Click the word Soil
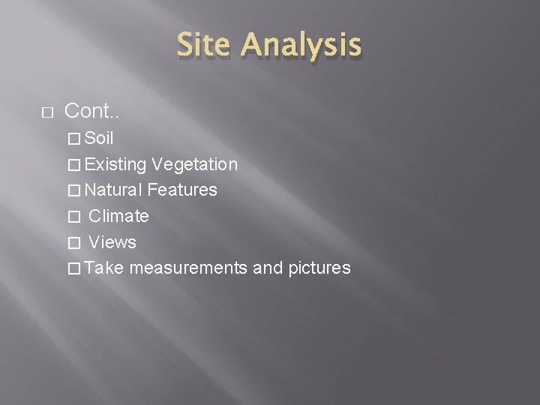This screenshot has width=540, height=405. (99, 138)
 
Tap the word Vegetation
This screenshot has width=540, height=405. (194, 164)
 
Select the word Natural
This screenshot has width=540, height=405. (114, 190)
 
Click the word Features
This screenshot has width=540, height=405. (182, 190)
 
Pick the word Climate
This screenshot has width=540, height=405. (118, 216)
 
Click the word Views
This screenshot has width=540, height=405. (112, 242)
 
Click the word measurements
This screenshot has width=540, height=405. (188, 268)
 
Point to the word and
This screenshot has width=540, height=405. (268, 268)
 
